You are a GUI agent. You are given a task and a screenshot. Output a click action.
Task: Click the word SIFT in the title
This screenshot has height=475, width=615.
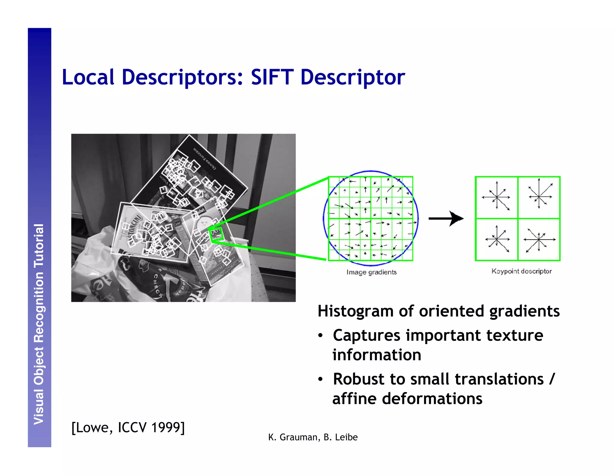click(x=272, y=77)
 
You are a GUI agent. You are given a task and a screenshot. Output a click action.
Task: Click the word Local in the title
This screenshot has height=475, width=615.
click(x=88, y=77)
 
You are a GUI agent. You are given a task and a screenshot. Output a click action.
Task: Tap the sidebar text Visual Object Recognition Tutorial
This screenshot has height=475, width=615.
click(x=39, y=324)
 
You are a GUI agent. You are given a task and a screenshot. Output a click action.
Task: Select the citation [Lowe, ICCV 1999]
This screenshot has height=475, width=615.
click(x=128, y=427)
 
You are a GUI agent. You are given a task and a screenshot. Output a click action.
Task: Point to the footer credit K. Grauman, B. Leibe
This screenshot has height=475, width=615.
click(x=313, y=437)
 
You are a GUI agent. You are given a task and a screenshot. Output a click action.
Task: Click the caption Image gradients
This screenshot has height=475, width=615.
click(x=371, y=272)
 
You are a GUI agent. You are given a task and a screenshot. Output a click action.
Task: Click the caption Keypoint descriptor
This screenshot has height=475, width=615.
click(x=522, y=271)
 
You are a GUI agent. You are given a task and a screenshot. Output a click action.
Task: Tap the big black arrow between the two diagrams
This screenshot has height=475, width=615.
click(x=446, y=218)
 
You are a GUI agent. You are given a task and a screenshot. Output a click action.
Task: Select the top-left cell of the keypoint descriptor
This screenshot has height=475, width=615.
click(x=497, y=197)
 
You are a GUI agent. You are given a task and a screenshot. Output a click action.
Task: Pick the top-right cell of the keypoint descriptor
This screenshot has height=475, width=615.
click(x=539, y=197)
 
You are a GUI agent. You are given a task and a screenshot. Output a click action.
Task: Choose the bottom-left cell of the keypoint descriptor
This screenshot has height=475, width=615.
click(x=497, y=240)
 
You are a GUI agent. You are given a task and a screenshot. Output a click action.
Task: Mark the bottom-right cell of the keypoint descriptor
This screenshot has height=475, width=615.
click(x=539, y=240)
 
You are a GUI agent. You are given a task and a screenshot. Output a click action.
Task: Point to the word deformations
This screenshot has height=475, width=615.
click(x=432, y=399)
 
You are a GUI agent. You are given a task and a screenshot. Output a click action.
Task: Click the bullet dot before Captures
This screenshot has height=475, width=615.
click(x=321, y=336)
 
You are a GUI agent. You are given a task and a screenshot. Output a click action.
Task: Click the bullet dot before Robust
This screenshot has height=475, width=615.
click(x=321, y=380)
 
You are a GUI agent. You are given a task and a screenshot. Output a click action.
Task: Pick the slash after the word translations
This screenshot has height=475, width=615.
click(x=552, y=379)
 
